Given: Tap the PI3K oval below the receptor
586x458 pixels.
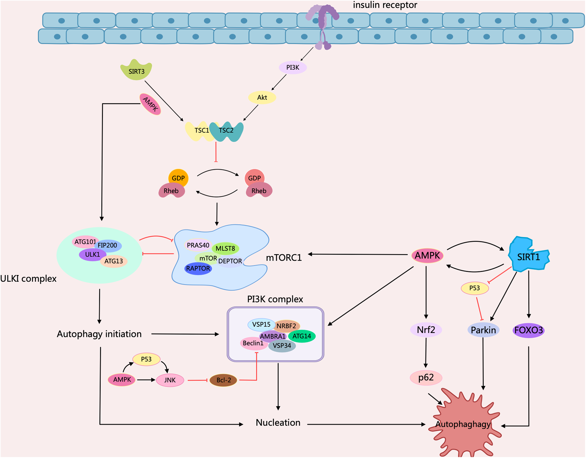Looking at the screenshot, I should [293, 67].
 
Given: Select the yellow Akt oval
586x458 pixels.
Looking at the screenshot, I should [262, 97].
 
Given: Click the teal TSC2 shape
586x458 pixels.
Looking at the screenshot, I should [227, 131].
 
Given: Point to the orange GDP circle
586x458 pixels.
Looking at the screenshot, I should [178, 178].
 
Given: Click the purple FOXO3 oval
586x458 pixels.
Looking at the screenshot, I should [528, 330].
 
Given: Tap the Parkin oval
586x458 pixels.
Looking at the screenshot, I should [483, 330].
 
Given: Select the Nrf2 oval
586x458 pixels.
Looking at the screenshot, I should [426, 330].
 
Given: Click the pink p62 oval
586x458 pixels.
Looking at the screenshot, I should [426, 378].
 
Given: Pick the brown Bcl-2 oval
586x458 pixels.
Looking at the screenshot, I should [223, 380].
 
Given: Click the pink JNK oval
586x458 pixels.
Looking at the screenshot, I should [170, 380].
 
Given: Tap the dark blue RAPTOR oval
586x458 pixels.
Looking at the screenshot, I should [198, 269].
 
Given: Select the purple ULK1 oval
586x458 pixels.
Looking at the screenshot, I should [92, 254].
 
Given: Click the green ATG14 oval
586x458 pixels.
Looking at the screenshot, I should [302, 336].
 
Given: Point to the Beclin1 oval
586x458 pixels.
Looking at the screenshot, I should [253, 343].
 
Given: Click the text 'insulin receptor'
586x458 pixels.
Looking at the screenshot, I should [385, 5].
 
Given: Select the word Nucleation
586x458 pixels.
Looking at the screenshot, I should [278, 423].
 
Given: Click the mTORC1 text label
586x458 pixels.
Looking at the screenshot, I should [284, 257].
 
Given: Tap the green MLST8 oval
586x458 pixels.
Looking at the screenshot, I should [225, 248].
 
